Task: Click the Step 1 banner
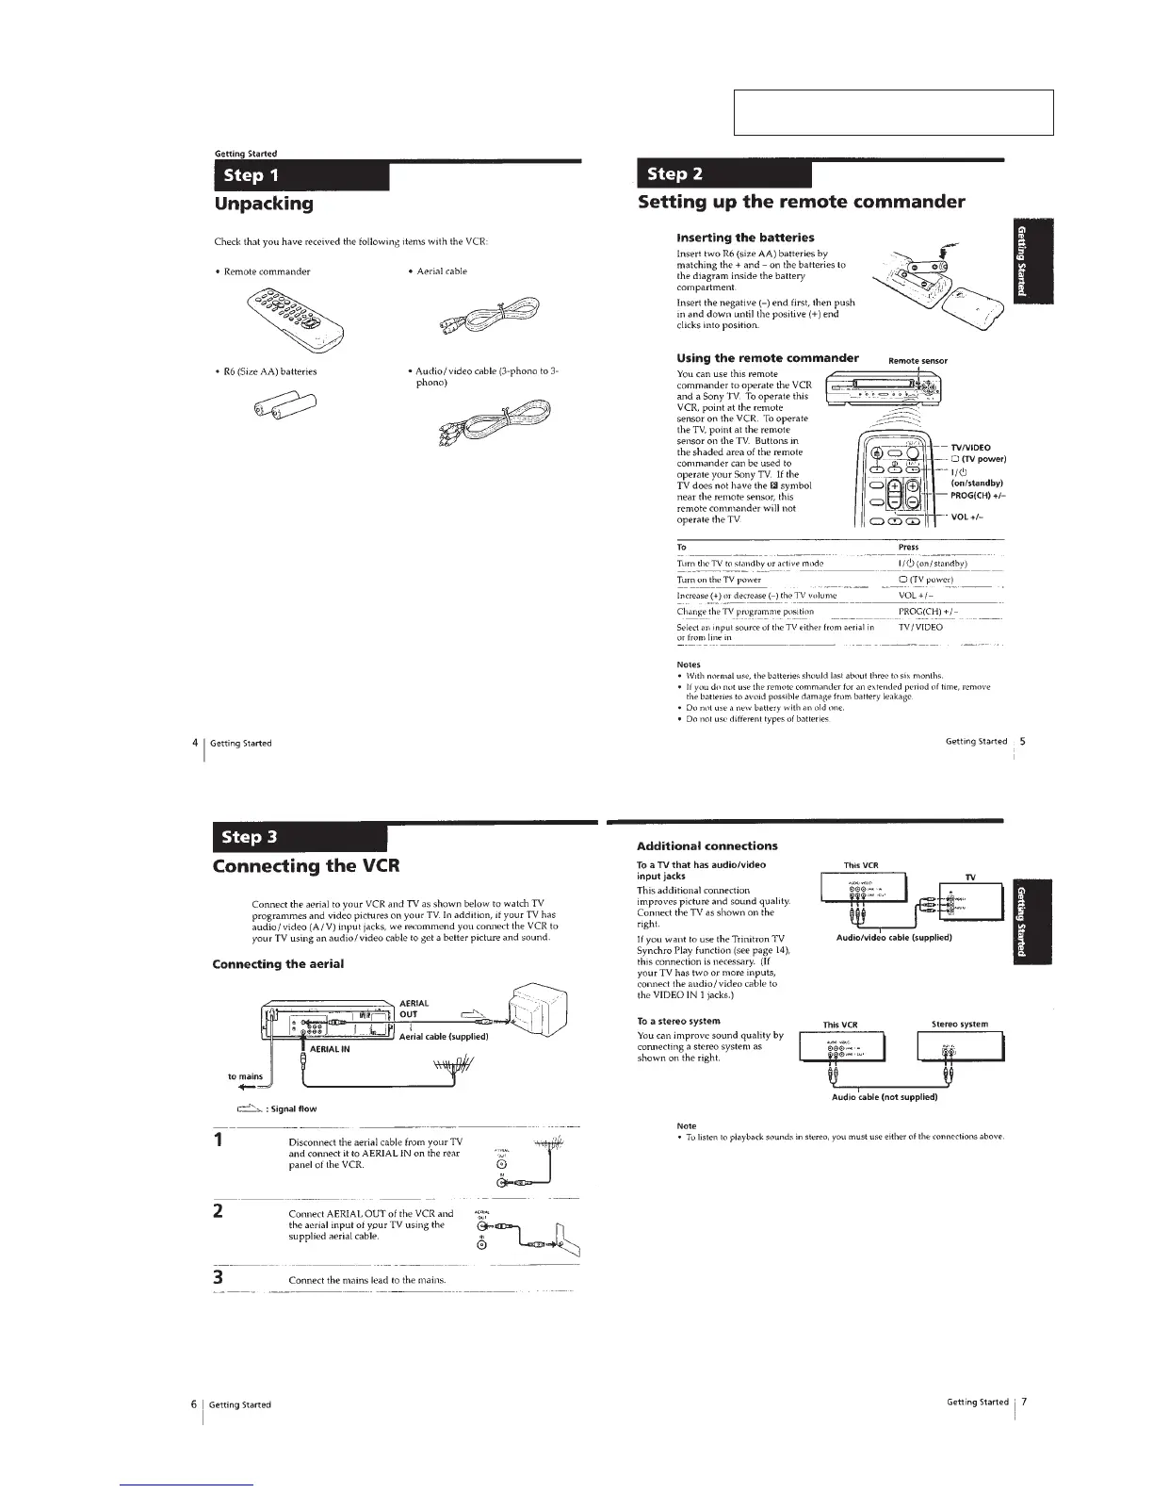pyautogui.click(x=301, y=176)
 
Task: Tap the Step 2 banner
pyautogui.click(x=723, y=174)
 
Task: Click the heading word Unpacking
pyautogui.click(x=264, y=204)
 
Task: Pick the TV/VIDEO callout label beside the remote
pyautogui.click(x=970, y=448)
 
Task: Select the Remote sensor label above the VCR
pyautogui.click(x=918, y=360)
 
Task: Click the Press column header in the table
pyautogui.click(x=908, y=547)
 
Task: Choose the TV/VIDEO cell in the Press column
pyautogui.click(x=920, y=627)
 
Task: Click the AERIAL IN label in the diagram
pyautogui.click(x=330, y=1048)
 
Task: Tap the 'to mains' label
pyautogui.click(x=245, y=1075)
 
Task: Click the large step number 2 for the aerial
pyautogui.click(x=218, y=1211)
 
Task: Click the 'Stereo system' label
pyautogui.click(x=959, y=1024)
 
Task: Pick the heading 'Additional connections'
pyautogui.click(x=707, y=845)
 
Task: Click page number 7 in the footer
pyautogui.click(x=1024, y=1402)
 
